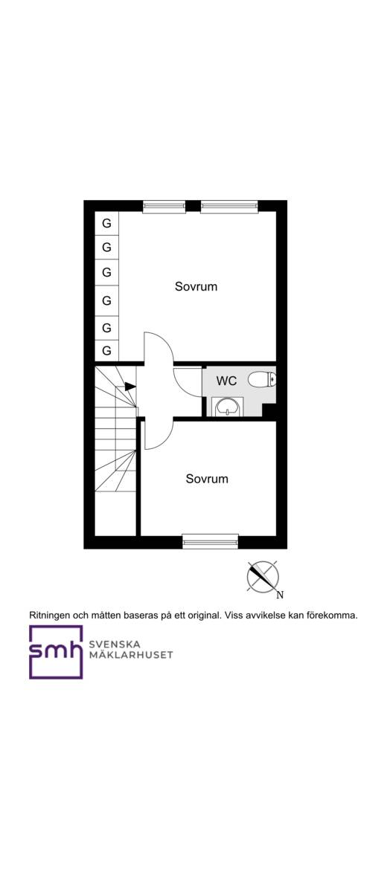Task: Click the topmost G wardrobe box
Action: pos(106,223)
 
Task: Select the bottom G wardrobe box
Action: pos(106,351)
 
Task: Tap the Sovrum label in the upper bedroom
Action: pos(196,286)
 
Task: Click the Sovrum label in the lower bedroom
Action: pos(207,480)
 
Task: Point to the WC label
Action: pos(227,381)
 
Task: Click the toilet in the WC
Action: pos(262,381)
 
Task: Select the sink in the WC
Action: pos(228,406)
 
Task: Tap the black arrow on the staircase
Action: pos(130,387)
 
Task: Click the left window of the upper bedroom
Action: pos(164,206)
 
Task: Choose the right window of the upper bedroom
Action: pos(229,206)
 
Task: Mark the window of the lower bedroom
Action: pos(211,542)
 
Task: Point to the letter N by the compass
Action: pos(280,595)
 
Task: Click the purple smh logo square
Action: pos(57,652)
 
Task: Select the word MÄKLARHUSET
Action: pos(131,655)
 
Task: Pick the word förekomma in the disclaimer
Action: pos(333,615)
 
